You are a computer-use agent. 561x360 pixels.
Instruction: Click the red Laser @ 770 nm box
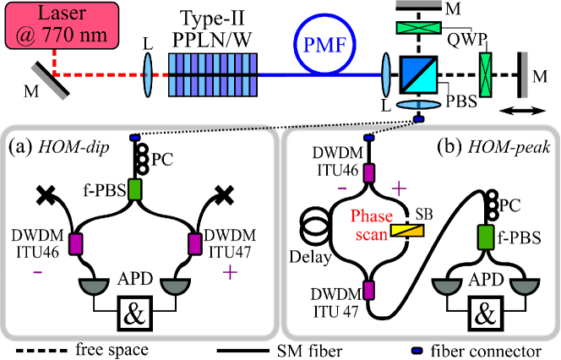62,25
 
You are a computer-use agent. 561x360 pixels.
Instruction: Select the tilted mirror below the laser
50,80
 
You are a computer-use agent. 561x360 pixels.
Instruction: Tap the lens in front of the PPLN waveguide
148,74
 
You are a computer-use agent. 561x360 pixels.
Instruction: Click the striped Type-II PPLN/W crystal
213,75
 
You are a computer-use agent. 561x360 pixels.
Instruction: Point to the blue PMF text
325,46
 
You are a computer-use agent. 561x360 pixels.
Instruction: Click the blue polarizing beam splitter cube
418,74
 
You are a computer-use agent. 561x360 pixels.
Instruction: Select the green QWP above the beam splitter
418,28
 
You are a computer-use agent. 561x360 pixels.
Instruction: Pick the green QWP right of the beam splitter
486,75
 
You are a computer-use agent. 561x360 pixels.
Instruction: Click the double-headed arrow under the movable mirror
523,112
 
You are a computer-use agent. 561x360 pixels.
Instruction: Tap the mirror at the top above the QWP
418,6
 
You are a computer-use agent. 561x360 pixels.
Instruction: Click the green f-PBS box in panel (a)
135,189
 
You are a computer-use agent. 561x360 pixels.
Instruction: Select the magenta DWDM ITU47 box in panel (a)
194,244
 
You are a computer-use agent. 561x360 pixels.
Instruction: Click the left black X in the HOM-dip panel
46,195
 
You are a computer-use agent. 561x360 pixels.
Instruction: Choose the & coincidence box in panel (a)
135,314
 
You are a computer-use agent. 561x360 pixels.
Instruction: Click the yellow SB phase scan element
406,231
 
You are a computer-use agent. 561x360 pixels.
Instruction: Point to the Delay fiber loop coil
315,229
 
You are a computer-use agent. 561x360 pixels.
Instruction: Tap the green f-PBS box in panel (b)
486,237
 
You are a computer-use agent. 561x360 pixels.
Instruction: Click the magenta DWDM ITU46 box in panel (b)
369,173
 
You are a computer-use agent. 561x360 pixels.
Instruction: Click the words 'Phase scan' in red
372,225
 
